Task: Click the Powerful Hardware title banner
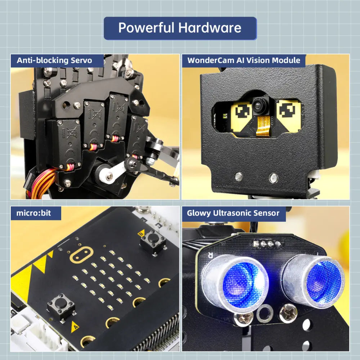tap(180, 28)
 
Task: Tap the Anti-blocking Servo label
tap(54, 60)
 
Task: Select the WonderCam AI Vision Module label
tap(244, 60)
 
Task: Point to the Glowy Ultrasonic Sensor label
tap(233, 213)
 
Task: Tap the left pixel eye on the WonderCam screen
tap(244, 112)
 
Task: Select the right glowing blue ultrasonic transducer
tap(314, 281)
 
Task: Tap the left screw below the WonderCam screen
tap(238, 177)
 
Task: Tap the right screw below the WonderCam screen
tap(273, 177)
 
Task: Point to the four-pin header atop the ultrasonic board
tap(267, 243)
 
